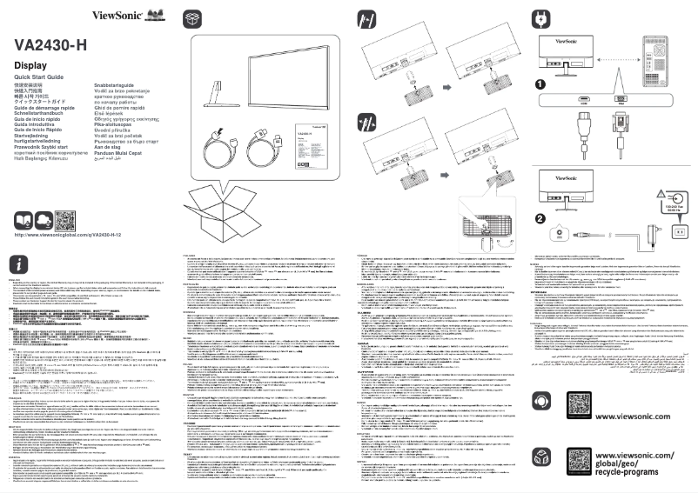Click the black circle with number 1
coord(540,84)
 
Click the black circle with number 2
coord(540,218)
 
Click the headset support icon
coord(540,403)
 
